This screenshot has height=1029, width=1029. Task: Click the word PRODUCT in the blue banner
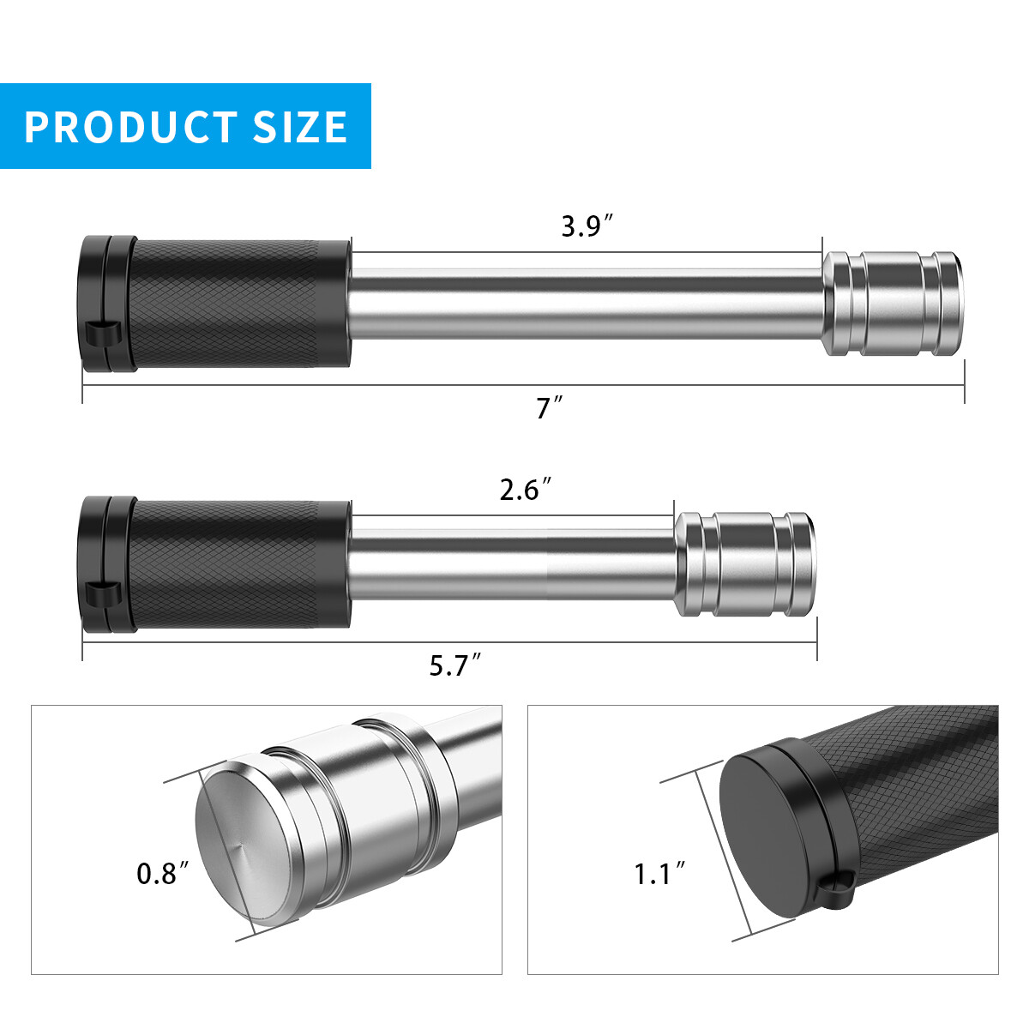tap(131, 127)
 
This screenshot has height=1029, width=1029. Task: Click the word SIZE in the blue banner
tap(300, 127)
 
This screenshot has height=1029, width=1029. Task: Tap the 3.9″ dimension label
tap(587, 226)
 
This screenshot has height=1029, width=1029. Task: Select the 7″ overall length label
tap(550, 408)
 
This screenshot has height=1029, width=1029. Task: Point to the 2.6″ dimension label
tap(526, 490)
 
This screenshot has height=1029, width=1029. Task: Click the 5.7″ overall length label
tap(456, 666)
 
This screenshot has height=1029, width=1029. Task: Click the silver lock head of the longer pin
tap(893, 304)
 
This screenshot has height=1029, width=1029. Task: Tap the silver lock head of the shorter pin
tap(745, 564)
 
